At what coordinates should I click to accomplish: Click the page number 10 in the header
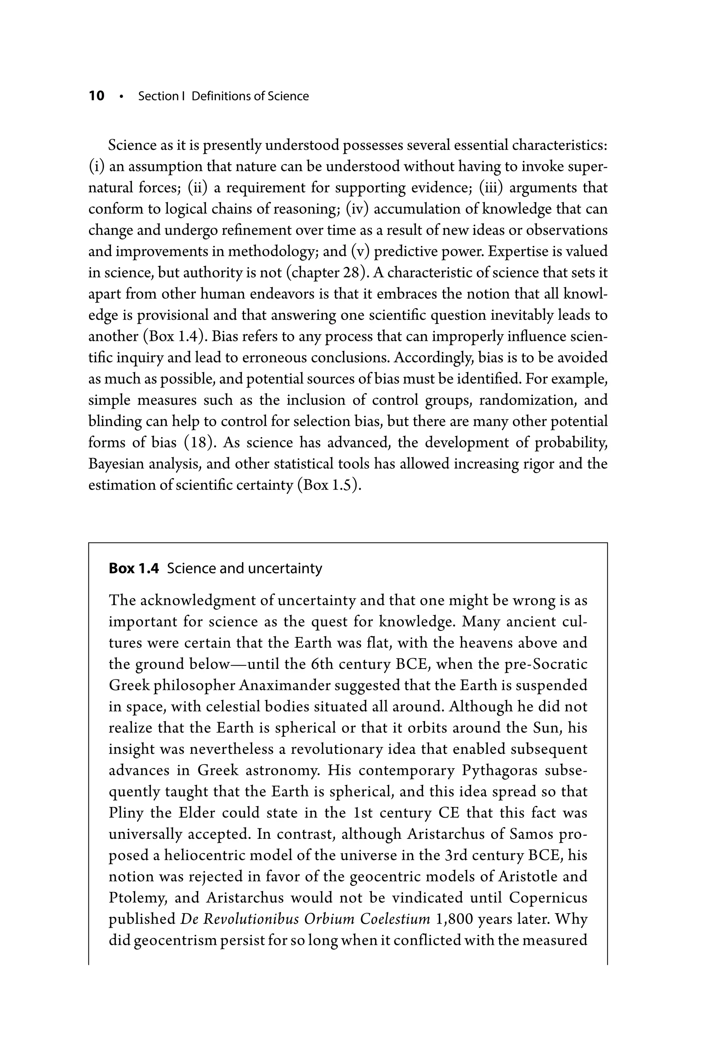tap(97, 96)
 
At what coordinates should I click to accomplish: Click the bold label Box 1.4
tap(134, 569)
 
